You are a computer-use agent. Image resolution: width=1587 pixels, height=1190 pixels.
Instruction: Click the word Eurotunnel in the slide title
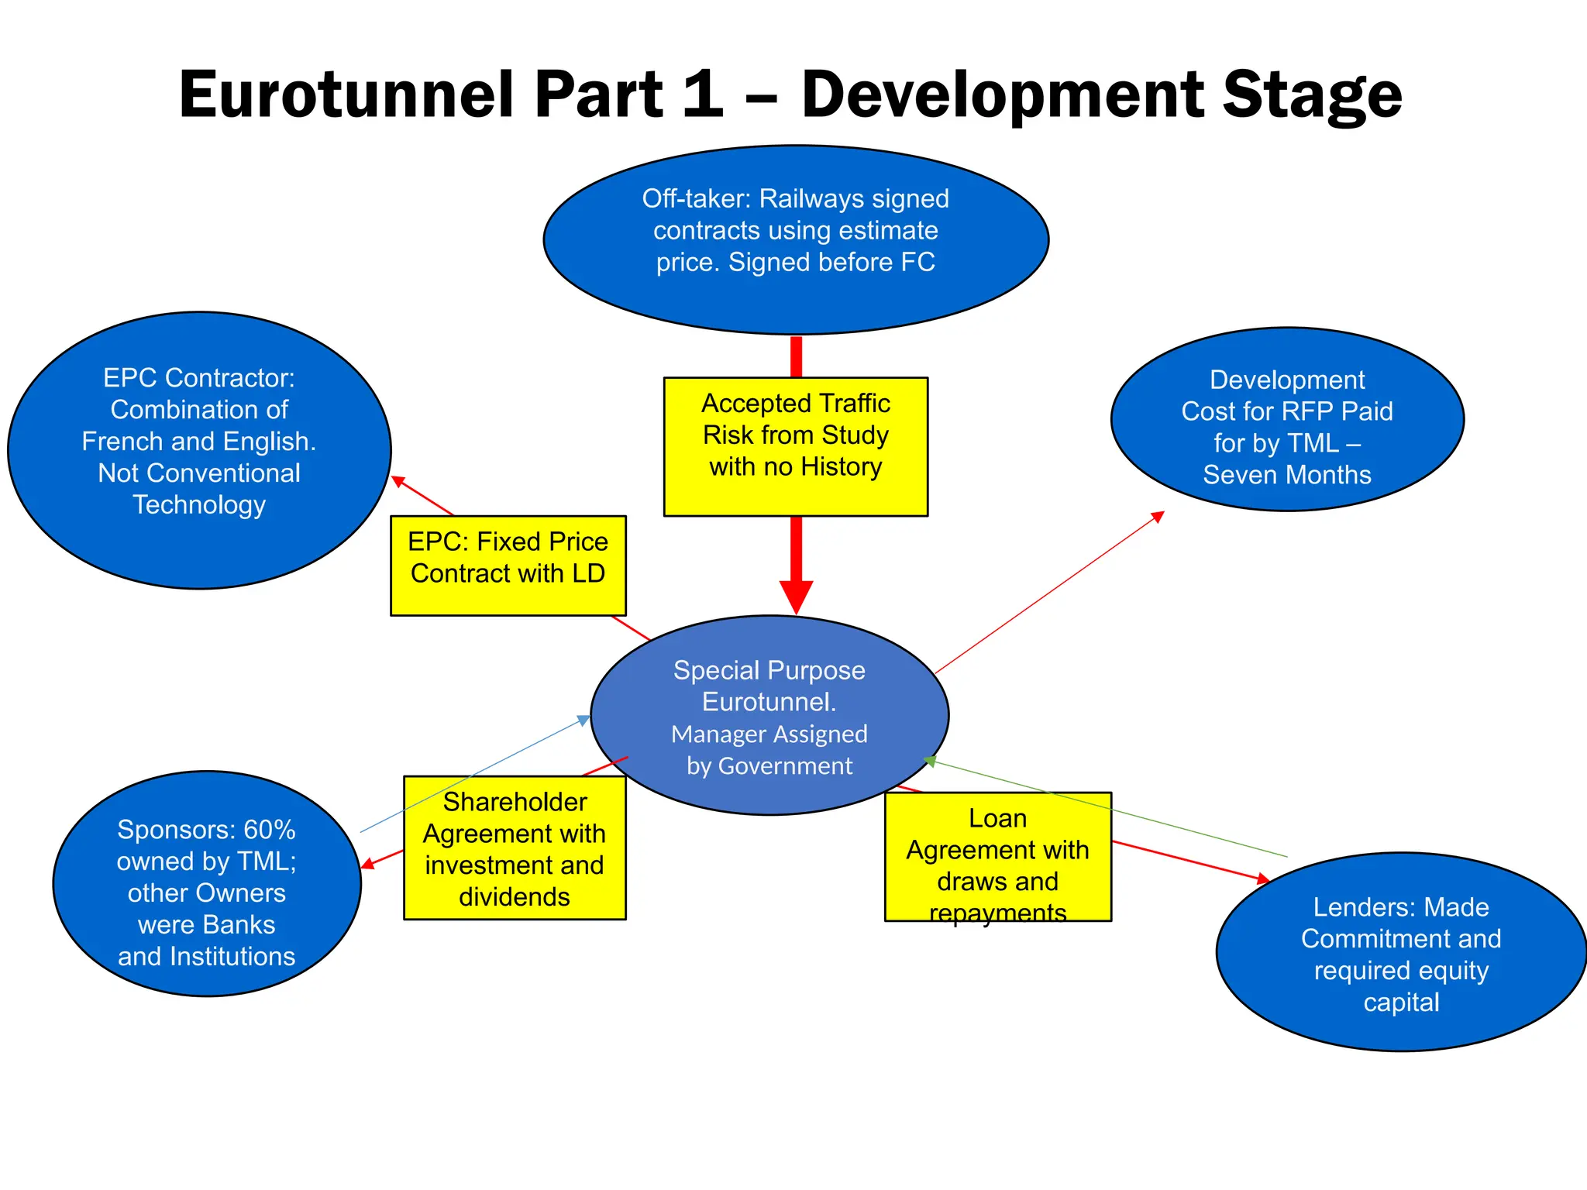tap(346, 95)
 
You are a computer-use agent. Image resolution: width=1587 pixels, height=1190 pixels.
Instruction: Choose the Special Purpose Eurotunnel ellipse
tap(769, 643)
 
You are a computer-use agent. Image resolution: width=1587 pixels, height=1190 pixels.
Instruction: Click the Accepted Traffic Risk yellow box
tap(796, 492)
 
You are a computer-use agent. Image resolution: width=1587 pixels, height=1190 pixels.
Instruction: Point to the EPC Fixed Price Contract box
tap(508, 597)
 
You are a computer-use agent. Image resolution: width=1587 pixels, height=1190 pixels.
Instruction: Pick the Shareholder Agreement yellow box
tap(515, 848)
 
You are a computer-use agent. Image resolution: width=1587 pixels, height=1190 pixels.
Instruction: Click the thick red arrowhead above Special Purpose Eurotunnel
tap(796, 597)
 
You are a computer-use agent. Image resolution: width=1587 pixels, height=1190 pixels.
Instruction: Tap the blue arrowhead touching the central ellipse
tap(585, 719)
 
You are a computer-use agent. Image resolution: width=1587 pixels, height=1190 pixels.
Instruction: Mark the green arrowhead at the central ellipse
tap(930, 761)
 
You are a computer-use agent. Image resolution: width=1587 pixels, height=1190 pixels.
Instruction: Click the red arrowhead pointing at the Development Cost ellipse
tap(1158, 516)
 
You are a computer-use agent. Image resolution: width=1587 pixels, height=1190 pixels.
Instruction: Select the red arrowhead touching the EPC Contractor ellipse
tap(398, 481)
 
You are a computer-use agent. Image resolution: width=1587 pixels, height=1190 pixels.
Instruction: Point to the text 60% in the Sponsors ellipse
tap(269, 830)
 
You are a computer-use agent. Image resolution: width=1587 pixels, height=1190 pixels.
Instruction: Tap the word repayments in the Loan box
tap(997, 913)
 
